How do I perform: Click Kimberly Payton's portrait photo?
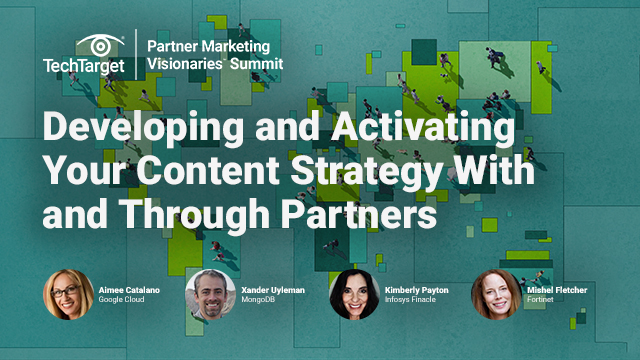(x=354, y=294)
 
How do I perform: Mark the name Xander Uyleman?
(x=278, y=288)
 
